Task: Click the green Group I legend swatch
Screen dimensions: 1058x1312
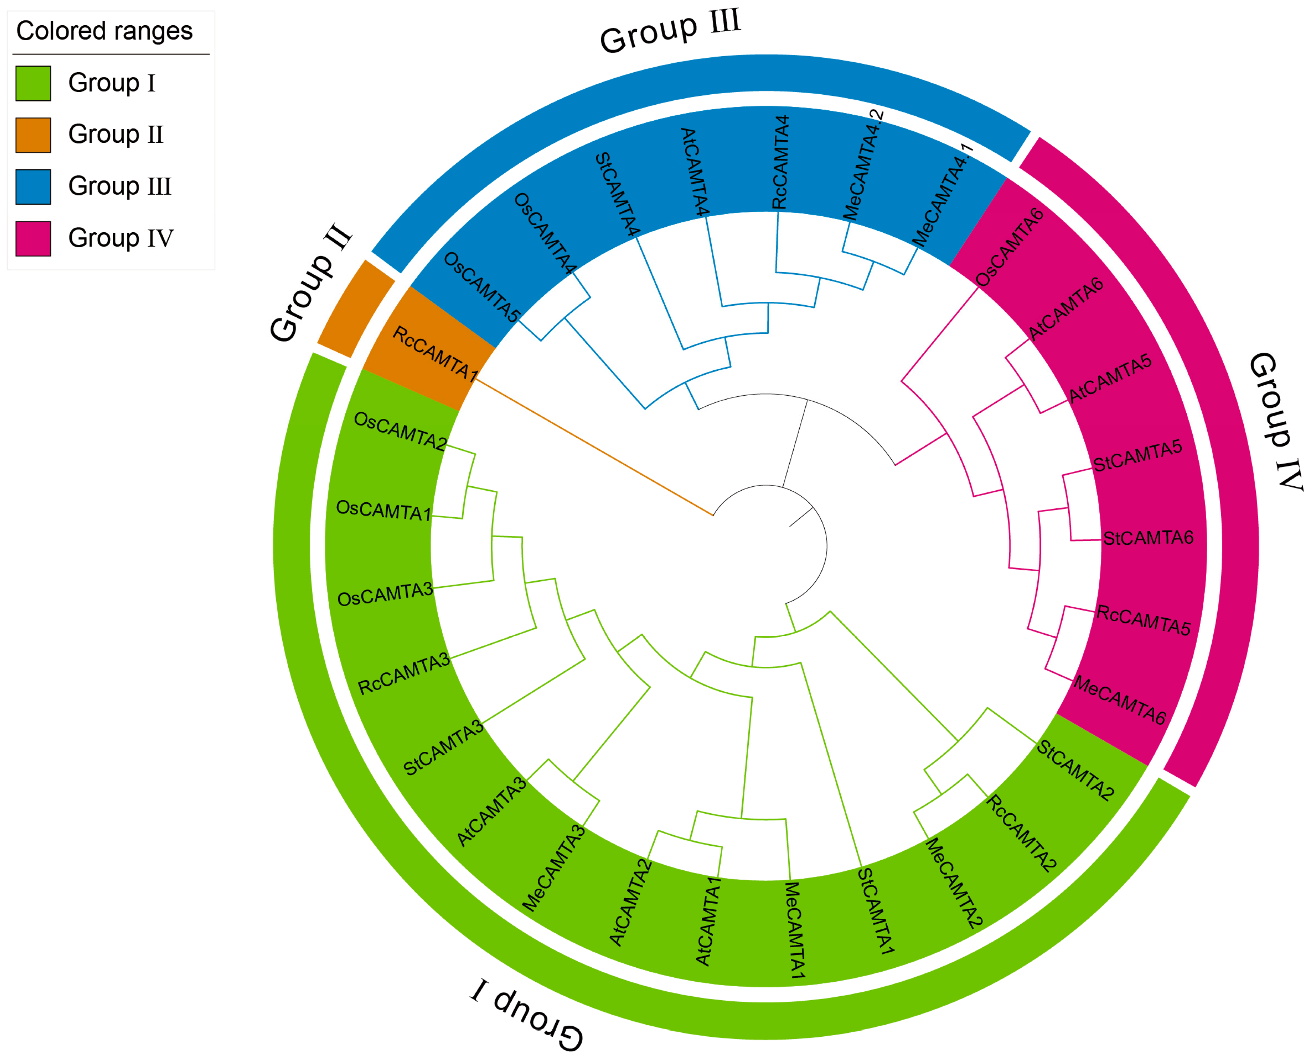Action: point(33,83)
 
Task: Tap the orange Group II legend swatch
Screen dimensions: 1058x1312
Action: point(33,135)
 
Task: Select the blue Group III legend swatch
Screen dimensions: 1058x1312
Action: point(33,187)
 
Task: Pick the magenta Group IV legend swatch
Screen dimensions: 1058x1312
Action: point(33,238)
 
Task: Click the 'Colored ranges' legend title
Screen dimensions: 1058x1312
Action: point(104,31)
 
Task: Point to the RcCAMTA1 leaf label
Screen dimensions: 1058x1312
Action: point(434,353)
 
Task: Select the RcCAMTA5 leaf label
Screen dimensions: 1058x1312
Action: point(1143,620)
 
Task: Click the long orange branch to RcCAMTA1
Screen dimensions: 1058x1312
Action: point(595,447)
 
